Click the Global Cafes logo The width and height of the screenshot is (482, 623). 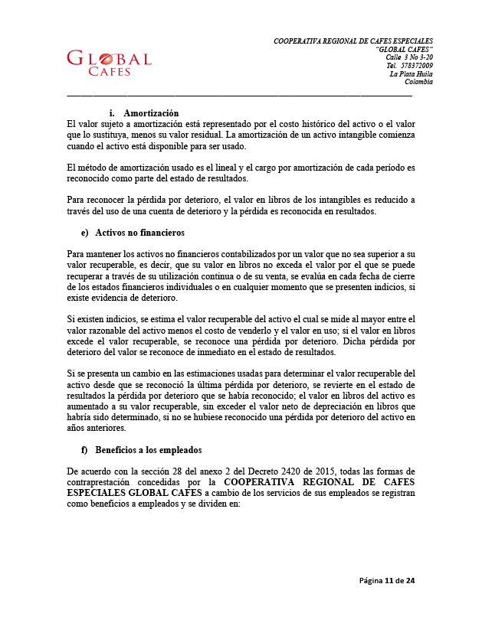109,64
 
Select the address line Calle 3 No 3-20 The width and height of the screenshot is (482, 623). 409,57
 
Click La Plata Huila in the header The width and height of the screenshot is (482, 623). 412,74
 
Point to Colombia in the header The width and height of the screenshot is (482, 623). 418,83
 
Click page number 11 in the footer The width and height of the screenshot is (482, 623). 389,581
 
